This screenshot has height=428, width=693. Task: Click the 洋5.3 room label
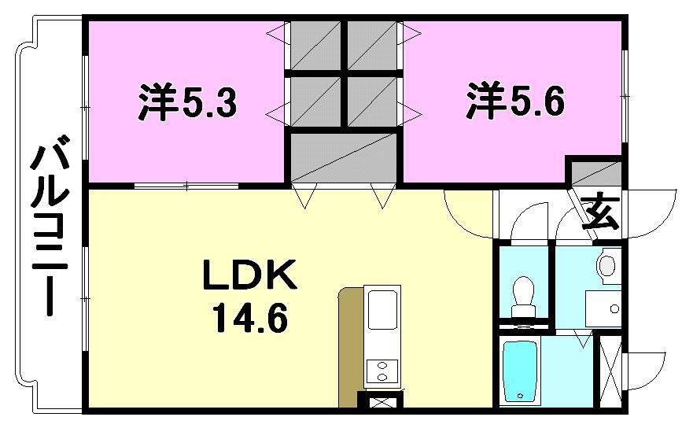(x=188, y=103)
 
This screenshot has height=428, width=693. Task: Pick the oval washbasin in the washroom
(x=607, y=266)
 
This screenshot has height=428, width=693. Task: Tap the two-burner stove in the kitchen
(x=382, y=371)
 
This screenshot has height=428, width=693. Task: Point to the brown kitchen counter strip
(x=349, y=346)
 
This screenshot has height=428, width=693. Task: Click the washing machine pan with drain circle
(x=603, y=308)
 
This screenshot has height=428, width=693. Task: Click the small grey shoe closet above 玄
(x=595, y=174)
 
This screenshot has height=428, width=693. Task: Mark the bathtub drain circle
(x=520, y=395)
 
